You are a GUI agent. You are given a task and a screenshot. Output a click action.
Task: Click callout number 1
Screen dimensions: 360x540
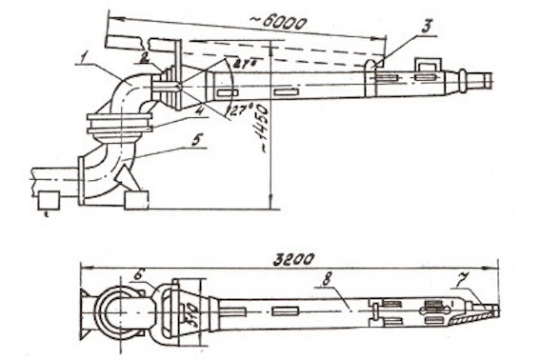(x=87, y=59)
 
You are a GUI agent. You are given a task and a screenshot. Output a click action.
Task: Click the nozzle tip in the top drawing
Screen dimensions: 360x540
(x=487, y=80)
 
